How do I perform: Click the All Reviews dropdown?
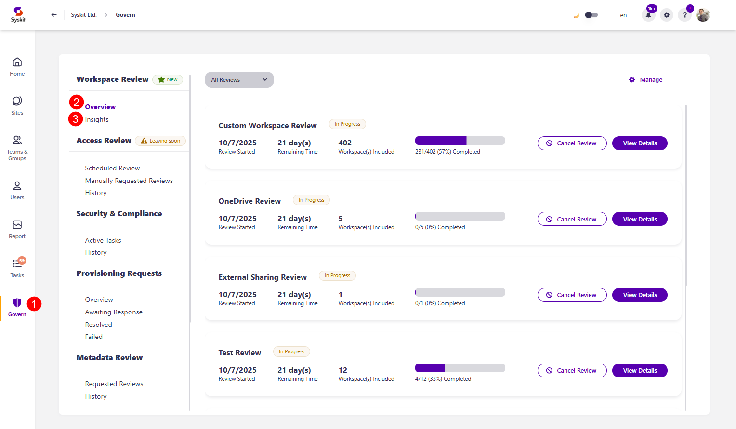[x=239, y=80]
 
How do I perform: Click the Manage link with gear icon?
[x=646, y=80]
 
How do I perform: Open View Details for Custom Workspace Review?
[x=639, y=143]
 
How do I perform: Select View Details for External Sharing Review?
[x=639, y=295]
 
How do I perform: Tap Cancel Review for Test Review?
[x=572, y=371]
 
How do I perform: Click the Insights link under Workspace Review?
[x=97, y=120]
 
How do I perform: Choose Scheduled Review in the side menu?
[x=112, y=169]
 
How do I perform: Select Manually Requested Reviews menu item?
[x=129, y=181]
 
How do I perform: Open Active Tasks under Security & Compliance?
[x=103, y=241]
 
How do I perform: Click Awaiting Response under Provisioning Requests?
[x=114, y=312]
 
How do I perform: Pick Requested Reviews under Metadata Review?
[x=114, y=384]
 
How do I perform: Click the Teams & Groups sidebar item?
[x=17, y=147]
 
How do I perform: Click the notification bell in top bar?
[x=648, y=15]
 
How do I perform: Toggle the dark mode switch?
[x=591, y=15]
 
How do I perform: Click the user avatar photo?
[x=703, y=15]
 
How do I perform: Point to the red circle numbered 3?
[x=76, y=119]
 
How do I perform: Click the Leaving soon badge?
[x=160, y=141]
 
